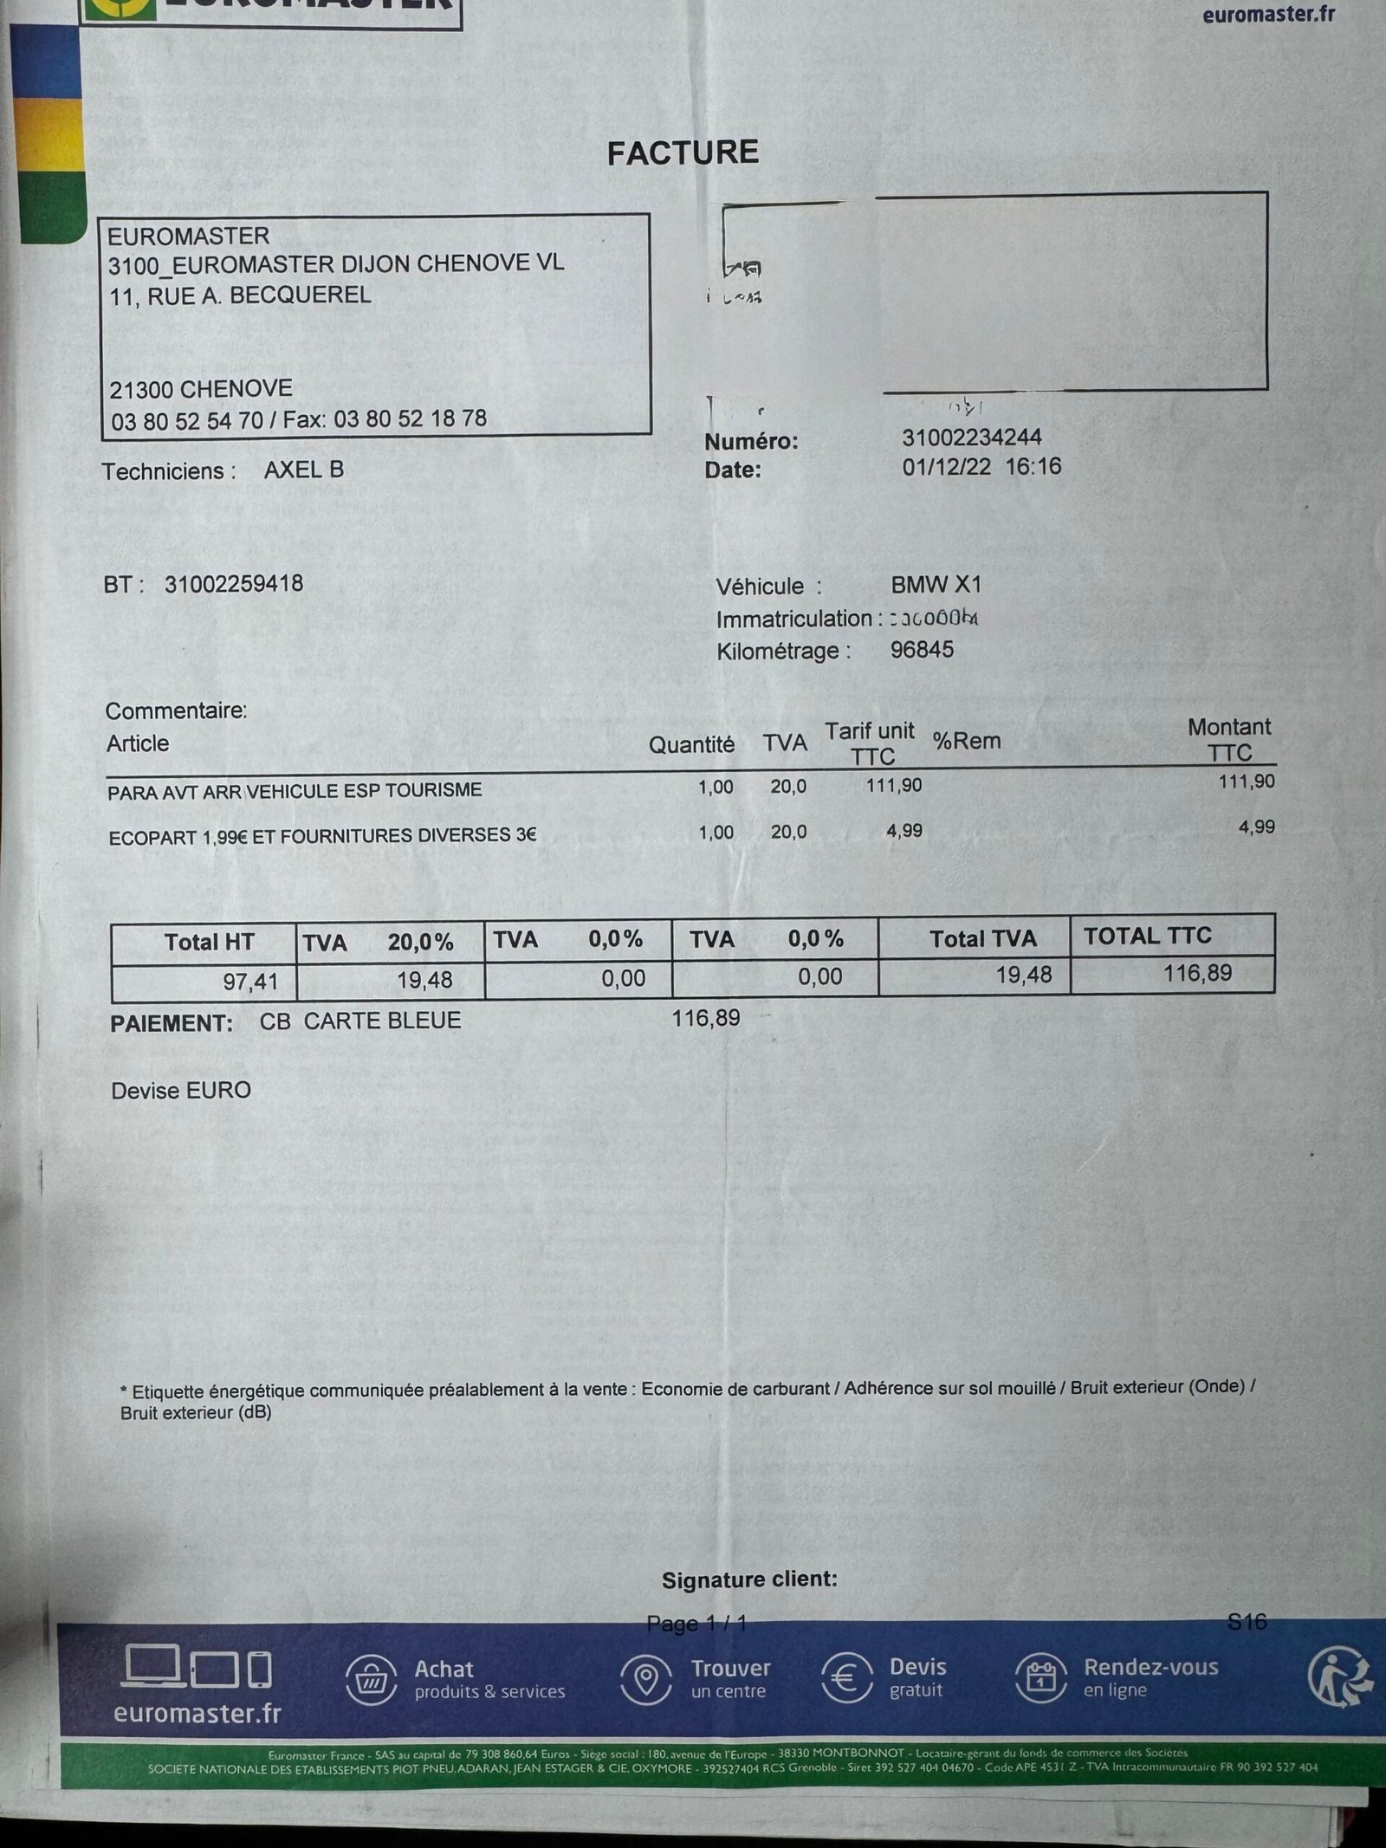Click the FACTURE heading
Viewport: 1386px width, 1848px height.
pyautogui.click(x=683, y=153)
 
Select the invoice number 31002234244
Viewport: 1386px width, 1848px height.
pyautogui.click(x=971, y=438)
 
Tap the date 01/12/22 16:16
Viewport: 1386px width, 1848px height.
pyautogui.click(x=981, y=467)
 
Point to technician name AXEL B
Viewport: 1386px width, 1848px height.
pyautogui.click(x=304, y=470)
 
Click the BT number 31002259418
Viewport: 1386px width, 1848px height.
pyautogui.click(x=234, y=583)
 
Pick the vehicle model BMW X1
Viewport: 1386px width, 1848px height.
pyautogui.click(x=936, y=585)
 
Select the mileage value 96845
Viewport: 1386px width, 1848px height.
pyautogui.click(x=922, y=650)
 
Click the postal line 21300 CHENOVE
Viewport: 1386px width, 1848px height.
pyautogui.click(x=201, y=388)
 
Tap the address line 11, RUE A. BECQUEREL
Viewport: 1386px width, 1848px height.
pyautogui.click(x=240, y=295)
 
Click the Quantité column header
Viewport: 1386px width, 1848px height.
pyautogui.click(x=691, y=744)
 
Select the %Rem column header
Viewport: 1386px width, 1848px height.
pyautogui.click(x=967, y=741)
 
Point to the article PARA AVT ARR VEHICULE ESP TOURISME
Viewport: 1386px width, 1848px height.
pyautogui.click(x=295, y=791)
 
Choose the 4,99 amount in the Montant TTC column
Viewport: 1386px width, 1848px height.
pyautogui.click(x=1256, y=827)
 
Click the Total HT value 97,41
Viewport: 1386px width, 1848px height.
pyautogui.click(x=249, y=981)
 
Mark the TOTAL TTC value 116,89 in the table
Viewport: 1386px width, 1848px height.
pyautogui.click(x=1197, y=973)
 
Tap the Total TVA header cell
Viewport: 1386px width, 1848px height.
pyautogui.click(x=982, y=939)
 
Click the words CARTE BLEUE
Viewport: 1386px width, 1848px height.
pyautogui.click(x=382, y=1021)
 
